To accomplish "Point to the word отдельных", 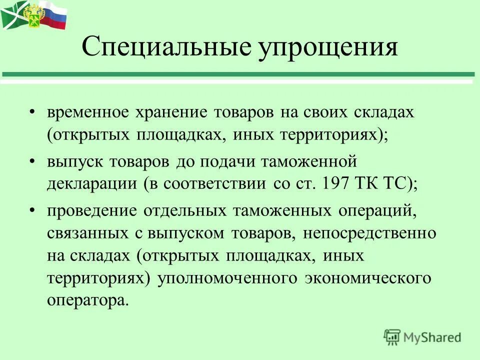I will click(184, 211).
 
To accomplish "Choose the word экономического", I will click(368, 278).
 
